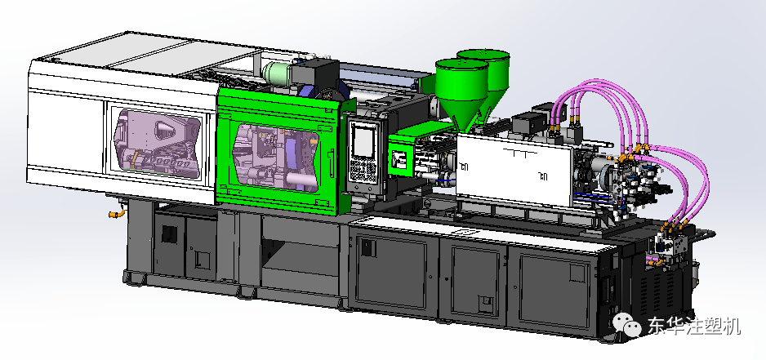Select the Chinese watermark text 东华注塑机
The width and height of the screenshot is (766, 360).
click(x=694, y=326)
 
